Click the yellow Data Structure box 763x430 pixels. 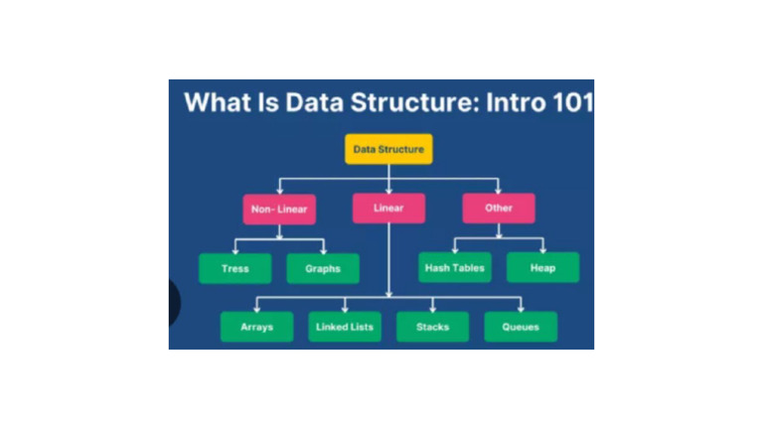coord(388,149)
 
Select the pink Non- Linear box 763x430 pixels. coord(279,209)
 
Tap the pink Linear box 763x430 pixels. coord(388,209)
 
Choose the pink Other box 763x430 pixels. coord(499,209)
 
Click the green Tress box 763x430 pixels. coord(235,268)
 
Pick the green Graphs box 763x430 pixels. coord(323,268)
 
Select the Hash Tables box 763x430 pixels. coord(454,268)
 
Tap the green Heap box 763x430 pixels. coord(542,268)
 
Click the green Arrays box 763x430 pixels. coord(256,327)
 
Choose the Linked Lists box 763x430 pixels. coord(345,327)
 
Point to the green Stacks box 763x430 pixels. coord(432,327)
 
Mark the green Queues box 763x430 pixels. coord(521,327)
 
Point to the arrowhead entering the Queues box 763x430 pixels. coord(521,308)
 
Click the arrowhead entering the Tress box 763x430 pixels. coord(235,249)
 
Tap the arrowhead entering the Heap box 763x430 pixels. coord(542,249)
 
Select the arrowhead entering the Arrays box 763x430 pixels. coord(256,308)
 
